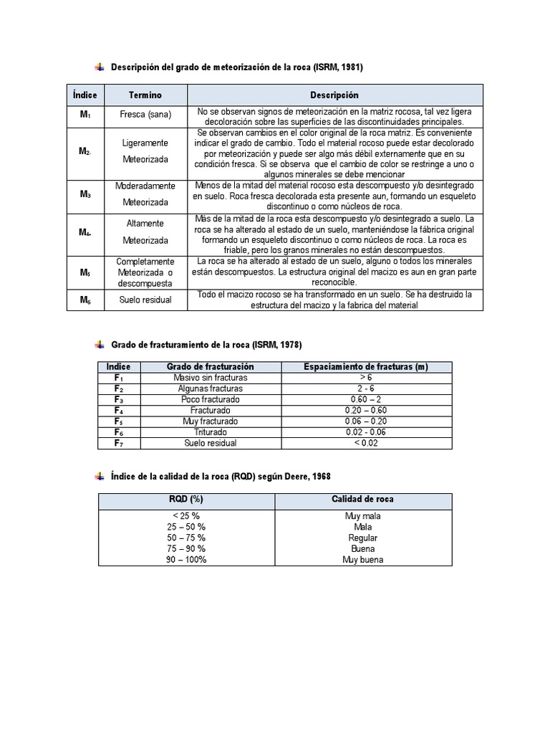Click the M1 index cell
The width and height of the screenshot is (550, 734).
pyautogui.click(x=85, y=115)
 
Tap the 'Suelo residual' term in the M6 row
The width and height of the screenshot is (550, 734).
pyautogui.click(x=145, y=300)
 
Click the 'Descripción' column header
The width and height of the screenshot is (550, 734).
pyautogui.click(x=334, y=95)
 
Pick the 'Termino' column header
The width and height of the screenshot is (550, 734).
pyautogui.click(x=145, y=95)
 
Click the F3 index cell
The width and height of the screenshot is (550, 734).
pyautogui.click(x=119, y=399)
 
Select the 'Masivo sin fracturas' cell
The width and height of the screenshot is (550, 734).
pyautogui.click(x=211, y=378)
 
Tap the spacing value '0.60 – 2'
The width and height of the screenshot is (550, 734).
pyautogui.click(x=366, y=399)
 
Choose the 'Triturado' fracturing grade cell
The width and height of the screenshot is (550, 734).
pyautogui.click(x=211, y=432)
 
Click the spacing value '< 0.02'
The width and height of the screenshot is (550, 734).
pyautogui.click(x=366, y=443)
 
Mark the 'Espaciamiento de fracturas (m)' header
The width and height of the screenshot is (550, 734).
pyautogui.click(x=366, y=367)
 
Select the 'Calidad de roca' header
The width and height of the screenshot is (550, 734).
pyautogui.click(x=362, y=500)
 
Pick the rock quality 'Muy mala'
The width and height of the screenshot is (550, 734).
pyautogui.click(x=362, y=515)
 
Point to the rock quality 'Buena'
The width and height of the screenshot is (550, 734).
pyautogui.click(x=362, y=548)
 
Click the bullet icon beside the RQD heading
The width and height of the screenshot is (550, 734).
pyautogui.click(x=98, y=477)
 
